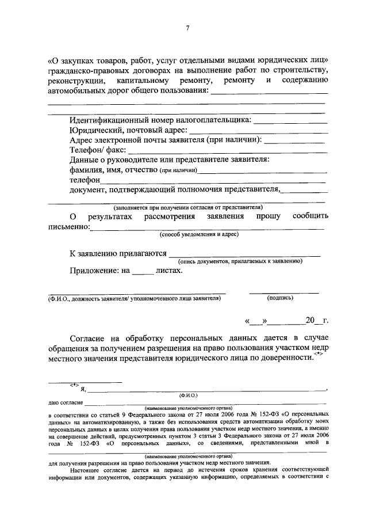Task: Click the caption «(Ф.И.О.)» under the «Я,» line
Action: click(188, 395)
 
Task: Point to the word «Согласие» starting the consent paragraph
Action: click(89, 337)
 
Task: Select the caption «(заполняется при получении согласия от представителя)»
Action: click(187, 207)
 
